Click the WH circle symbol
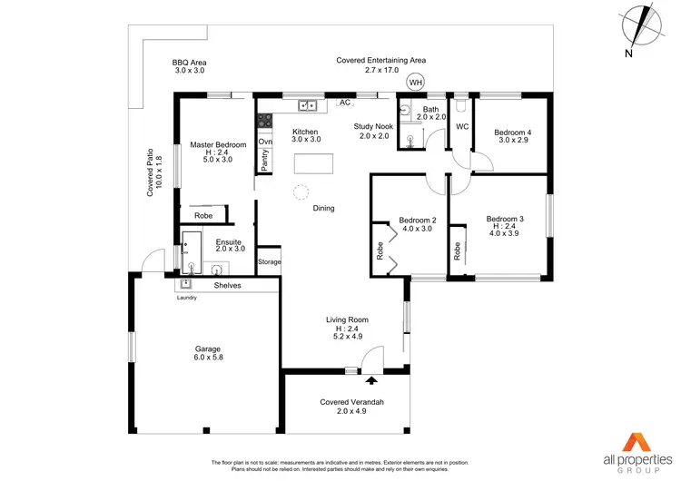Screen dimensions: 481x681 point(416,83)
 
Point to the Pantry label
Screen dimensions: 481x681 point(265,159)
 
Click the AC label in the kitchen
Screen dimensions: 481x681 point(345,103)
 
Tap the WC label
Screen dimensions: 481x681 point(461,126)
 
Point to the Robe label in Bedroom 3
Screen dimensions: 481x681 point(458,251)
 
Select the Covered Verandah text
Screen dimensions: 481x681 point(348,401)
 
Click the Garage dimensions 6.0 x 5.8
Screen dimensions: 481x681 point(208,358)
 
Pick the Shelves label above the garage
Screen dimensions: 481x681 point(227,285)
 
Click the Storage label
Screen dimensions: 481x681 point(270,262)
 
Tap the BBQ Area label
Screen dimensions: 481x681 point(191,63)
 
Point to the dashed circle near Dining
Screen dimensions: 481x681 point(301,191)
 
